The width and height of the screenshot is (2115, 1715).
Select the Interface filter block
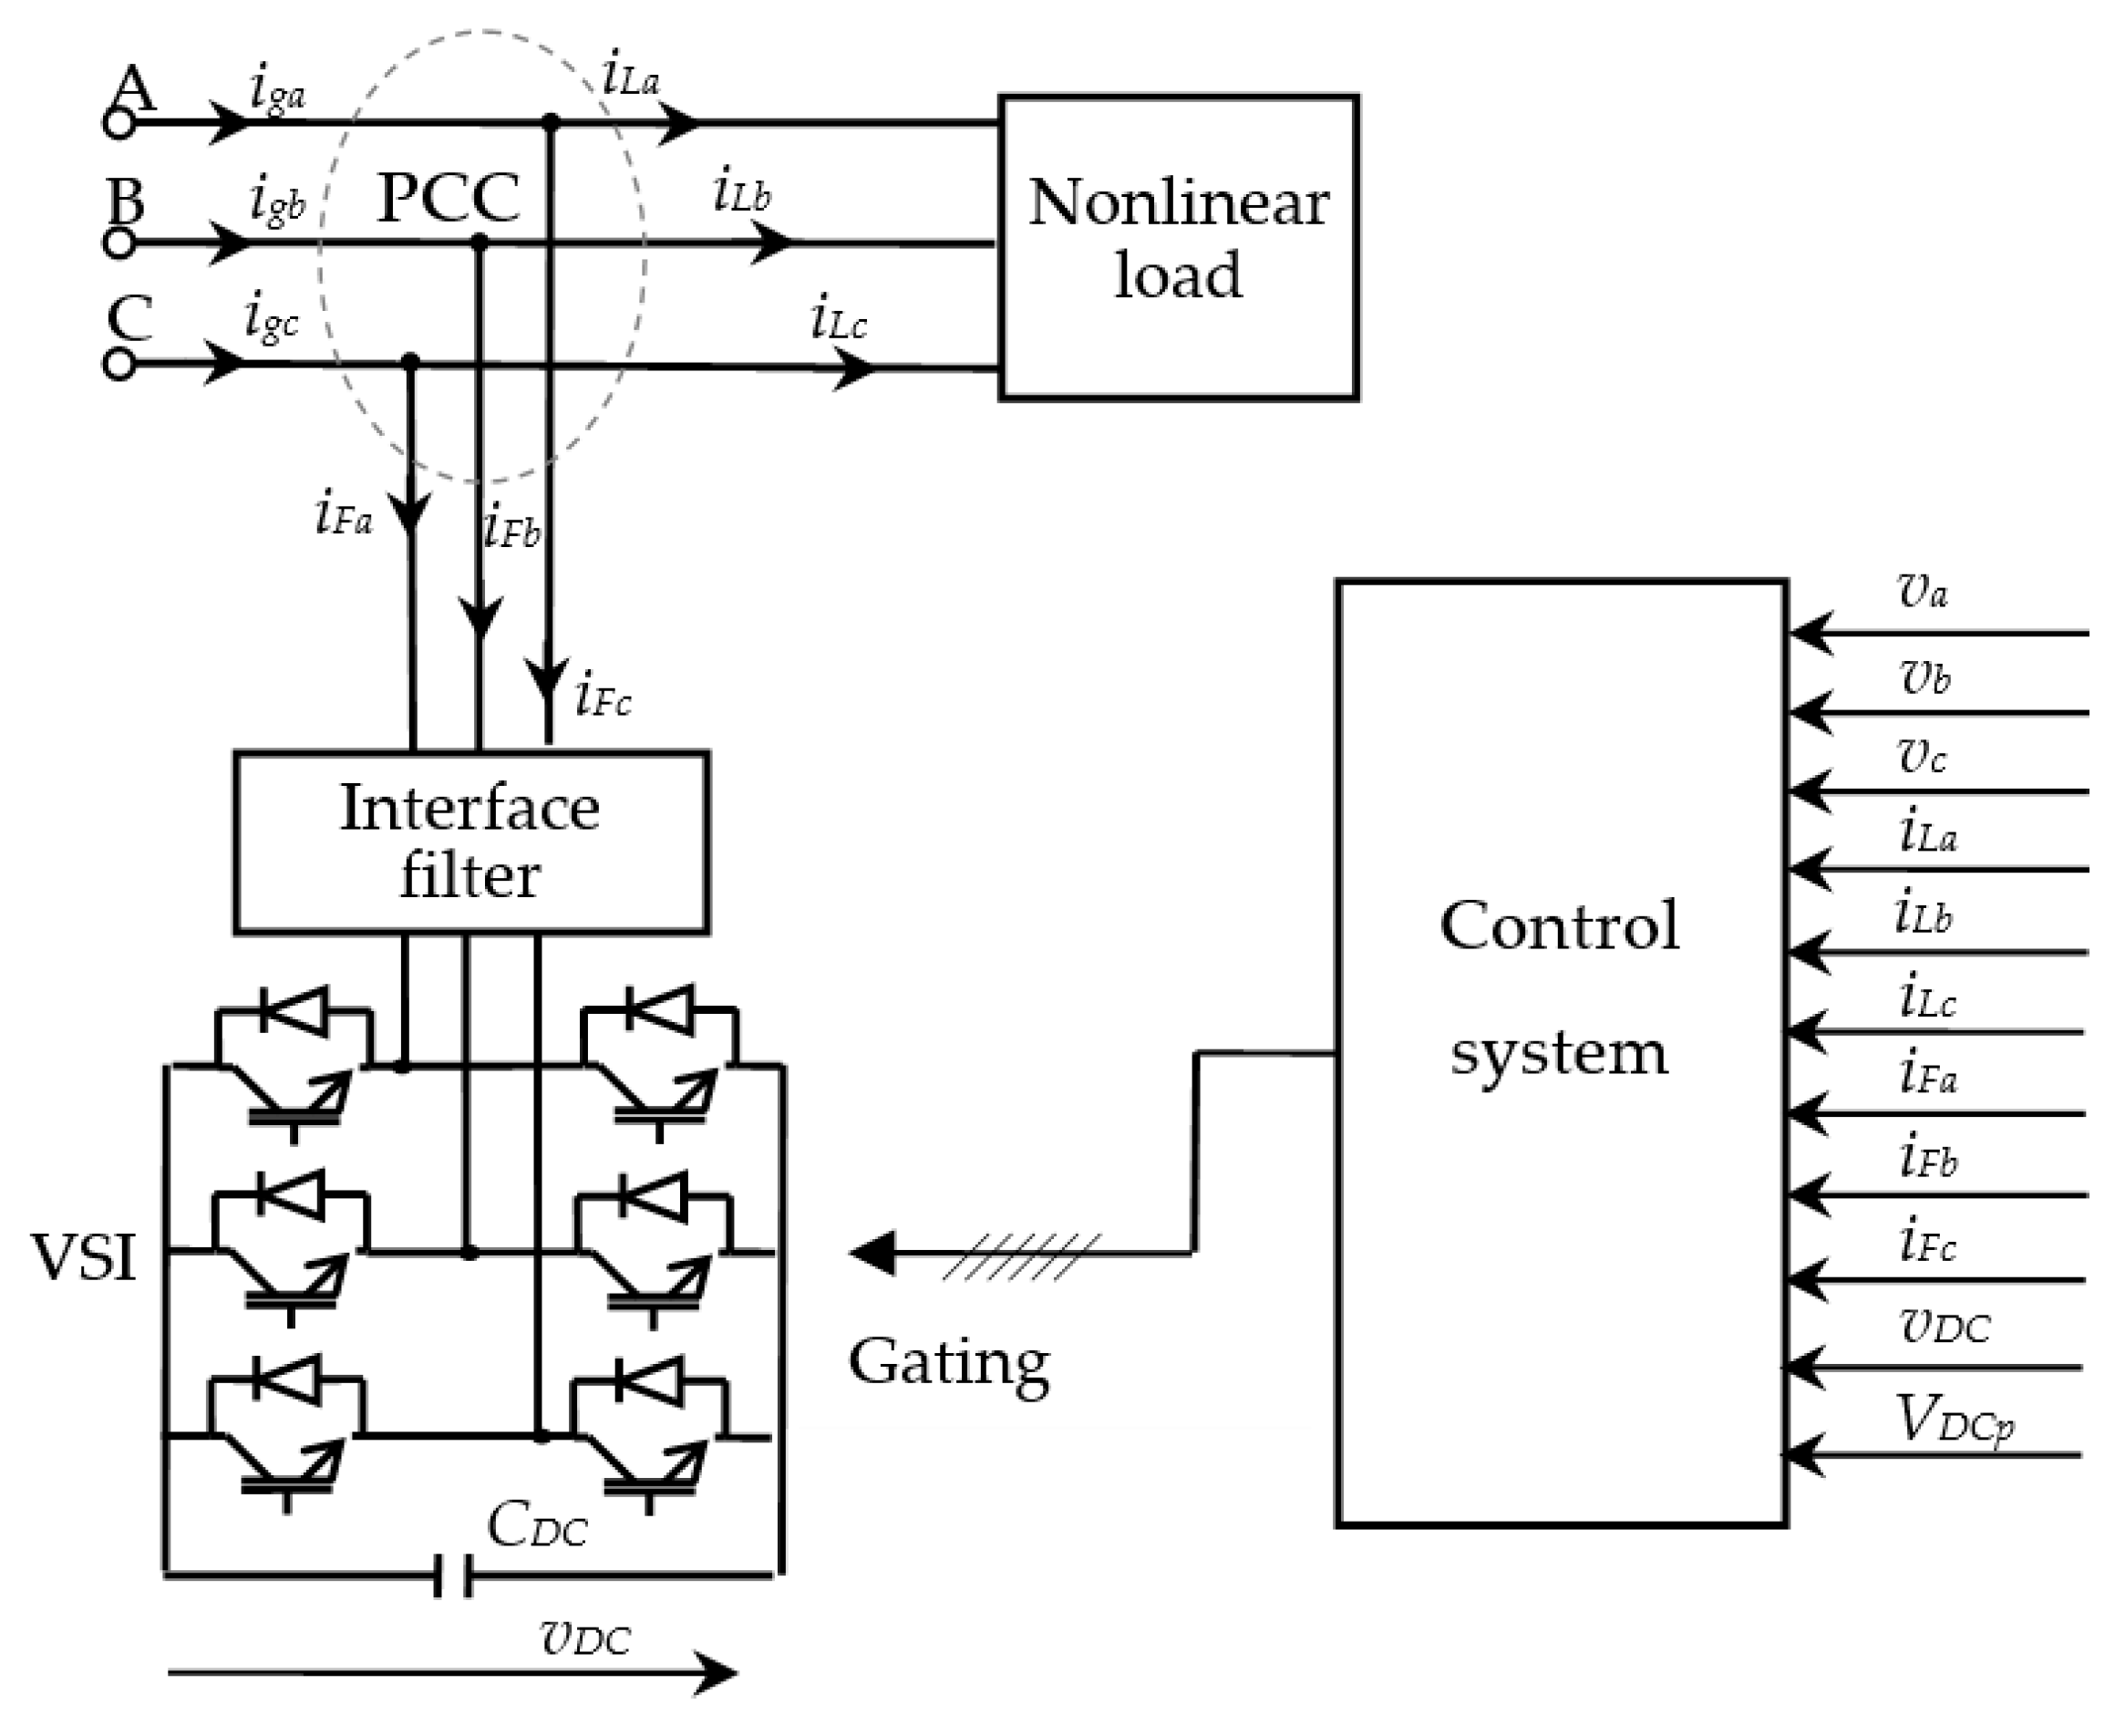click(x=471, y=842)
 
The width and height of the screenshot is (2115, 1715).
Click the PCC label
click(x=448, y=199)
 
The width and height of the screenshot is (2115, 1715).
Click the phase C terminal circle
click(x=119, y=365)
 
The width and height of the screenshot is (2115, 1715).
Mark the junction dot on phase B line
click(x=480, y=241)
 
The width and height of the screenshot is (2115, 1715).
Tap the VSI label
click(x=84, y=1257)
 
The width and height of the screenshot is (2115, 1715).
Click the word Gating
click(x=949, y=1364)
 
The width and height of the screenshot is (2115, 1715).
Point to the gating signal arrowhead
click(x=872, y=1253)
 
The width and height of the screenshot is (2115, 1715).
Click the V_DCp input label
click(x=1955, y=1422)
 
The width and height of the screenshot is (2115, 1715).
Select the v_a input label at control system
click(x=1923, y=591)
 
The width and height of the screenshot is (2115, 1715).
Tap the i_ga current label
click(x=277, y=91)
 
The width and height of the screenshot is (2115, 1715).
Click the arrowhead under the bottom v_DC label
click(x=713, y=1672)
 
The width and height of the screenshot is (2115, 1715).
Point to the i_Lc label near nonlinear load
click(x=839, y=319)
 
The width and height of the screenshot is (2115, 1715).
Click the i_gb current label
click(x=277, y=203)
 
